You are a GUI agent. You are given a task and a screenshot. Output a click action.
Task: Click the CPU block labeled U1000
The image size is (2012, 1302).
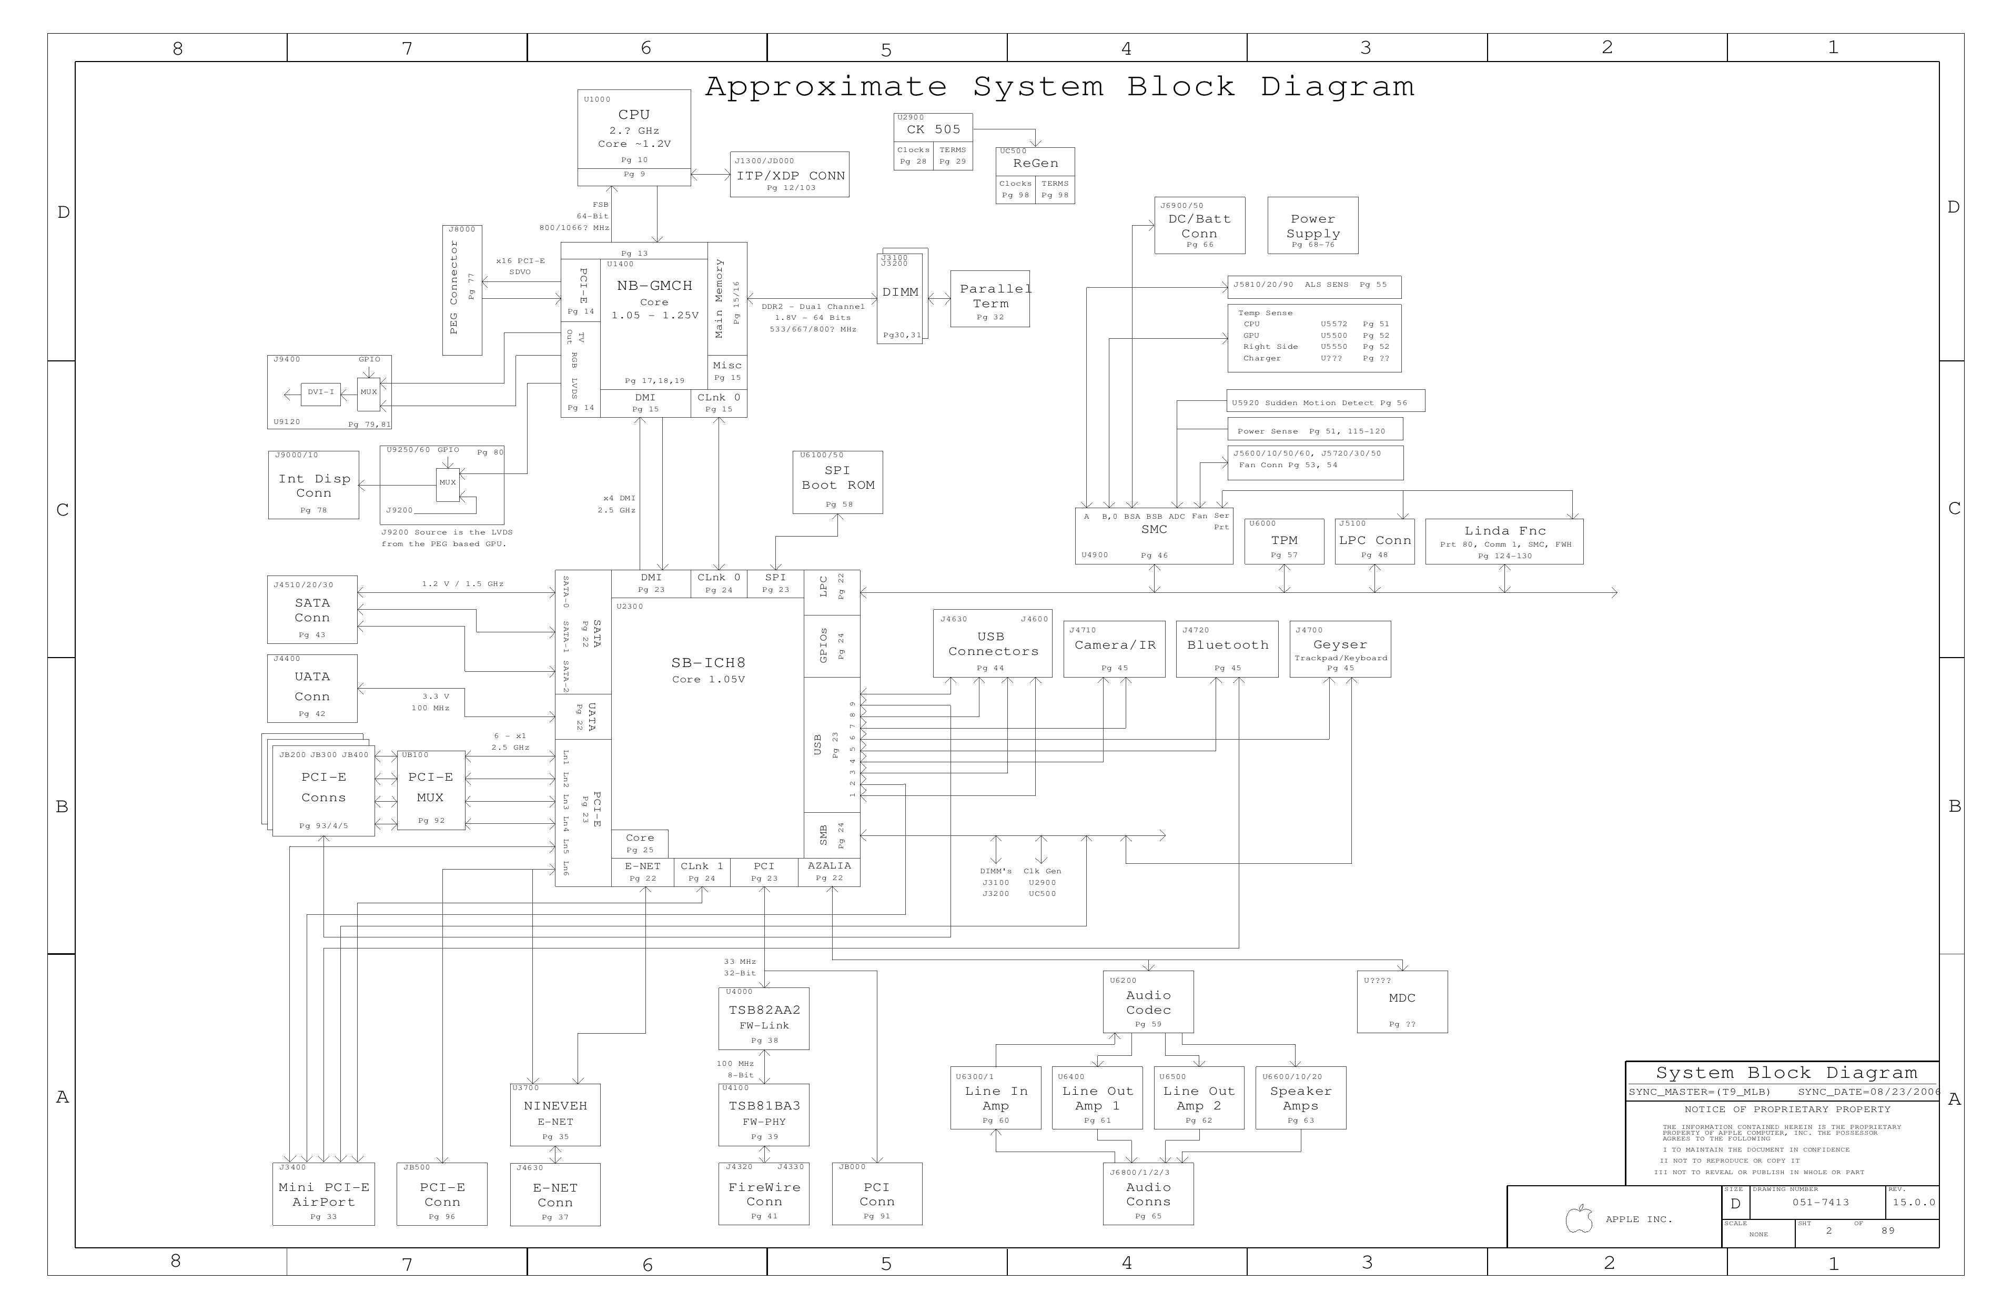click(x=634, y=128)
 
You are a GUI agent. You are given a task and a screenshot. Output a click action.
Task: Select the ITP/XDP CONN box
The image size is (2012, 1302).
click(x=790, y=175)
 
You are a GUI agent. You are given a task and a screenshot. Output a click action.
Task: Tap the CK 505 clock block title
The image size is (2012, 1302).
click(x=933, y=129)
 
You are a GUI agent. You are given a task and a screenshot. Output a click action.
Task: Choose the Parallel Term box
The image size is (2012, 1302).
click(x=990, y=299)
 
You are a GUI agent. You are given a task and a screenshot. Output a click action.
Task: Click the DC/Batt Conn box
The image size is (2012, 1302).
click(x=1200, y=226)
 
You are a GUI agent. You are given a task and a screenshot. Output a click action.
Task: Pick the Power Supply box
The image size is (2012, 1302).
click(x=1313, y=226)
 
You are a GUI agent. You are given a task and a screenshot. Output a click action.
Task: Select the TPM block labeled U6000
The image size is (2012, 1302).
click(x=1284, y=542)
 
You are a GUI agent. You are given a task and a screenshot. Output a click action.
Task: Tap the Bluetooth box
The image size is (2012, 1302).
click(x=1228, y=649)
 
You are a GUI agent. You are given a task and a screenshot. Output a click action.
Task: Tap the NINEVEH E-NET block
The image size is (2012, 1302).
click(x=555, y=1114)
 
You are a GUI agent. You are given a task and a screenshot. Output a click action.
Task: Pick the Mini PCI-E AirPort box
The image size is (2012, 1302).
click(x=324, y=1195)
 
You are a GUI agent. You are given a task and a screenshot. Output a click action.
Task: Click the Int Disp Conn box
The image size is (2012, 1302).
click(x=314, y=486)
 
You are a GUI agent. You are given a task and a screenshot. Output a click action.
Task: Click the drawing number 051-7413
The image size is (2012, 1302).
click(x=1820, y=1202)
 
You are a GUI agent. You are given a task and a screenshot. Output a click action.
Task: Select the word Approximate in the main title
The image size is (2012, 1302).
click(x=826, y=87)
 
